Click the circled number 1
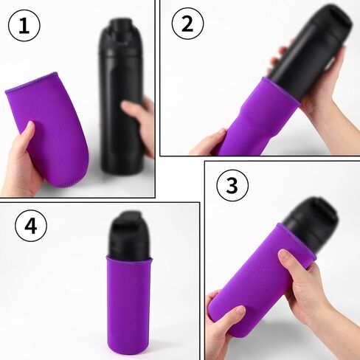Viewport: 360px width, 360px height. point(24,26)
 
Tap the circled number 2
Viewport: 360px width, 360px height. point(187,24)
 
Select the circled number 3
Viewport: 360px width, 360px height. point(232,185)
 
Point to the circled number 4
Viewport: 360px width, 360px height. point(30,226)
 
